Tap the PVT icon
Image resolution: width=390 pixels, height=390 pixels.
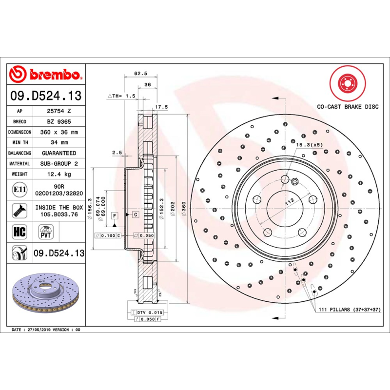click(46, 231)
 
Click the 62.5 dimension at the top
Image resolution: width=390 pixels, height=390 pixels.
click(141, 74)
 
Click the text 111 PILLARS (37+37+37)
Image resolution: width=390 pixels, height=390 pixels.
click(349, 310)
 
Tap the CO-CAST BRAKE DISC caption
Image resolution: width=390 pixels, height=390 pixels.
click(348, 106)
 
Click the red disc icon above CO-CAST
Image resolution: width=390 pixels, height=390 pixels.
click(347, 83)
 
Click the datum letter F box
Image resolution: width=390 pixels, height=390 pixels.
click(114, 215)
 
